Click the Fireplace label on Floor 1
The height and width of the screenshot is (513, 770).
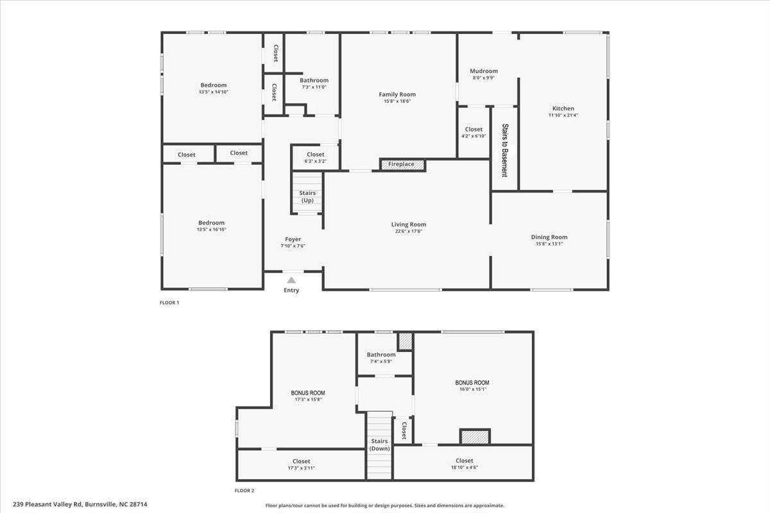[401, 164]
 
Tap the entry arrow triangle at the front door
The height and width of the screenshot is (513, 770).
[291, 280]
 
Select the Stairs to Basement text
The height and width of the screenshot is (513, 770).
[505, 150]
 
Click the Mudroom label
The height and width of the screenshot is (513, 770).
[484, 71]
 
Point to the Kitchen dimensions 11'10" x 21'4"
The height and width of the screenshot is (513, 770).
[563, 115]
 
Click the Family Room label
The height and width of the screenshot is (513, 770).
[397, 94]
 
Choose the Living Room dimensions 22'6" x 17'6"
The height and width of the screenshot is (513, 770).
[408, 231]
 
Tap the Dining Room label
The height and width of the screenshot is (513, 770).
[549, 237]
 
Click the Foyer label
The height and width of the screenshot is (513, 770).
[293, 239]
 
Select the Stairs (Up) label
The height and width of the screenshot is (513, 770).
[307, 196]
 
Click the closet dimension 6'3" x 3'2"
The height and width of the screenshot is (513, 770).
[316, 161]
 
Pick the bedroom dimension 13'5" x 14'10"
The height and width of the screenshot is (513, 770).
[214, 92]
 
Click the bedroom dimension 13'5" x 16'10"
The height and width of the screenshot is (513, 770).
[211, 230]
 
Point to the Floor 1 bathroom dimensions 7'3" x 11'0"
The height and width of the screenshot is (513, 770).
[314, 87]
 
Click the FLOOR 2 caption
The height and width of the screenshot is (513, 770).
[244, 491]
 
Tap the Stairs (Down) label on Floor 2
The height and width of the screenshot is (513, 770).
[379, 444]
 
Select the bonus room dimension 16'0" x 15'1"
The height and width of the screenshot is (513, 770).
[473, 389]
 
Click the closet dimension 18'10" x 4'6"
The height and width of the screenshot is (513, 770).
[465, 467]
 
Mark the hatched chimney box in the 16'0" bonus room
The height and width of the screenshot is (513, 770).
[475, 437]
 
